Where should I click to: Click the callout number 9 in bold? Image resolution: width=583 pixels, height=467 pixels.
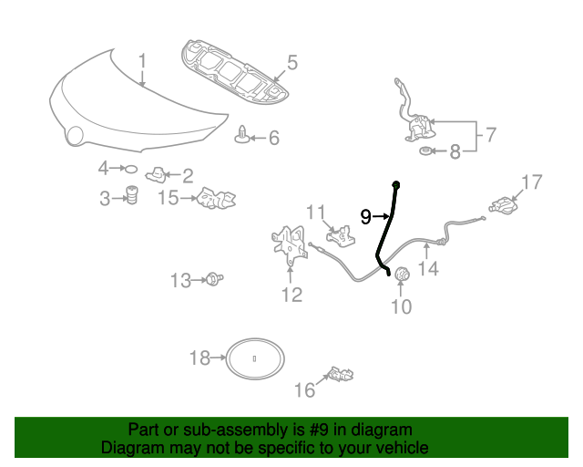click(x=366, y=217)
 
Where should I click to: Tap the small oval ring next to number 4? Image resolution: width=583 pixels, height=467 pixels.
click(x=129, y=169)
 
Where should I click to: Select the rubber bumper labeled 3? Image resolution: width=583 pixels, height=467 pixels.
click(x=131, y=195)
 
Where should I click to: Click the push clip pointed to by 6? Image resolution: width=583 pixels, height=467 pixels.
click(x=242, y=135)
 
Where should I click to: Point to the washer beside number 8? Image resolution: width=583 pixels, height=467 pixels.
click(x=425, y=151)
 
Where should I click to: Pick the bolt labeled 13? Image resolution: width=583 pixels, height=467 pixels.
click(x=215, y=278)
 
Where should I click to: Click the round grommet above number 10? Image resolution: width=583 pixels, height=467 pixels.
click(x=401, y=275)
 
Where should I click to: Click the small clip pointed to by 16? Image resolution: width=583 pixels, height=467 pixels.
click(x=341, y=374)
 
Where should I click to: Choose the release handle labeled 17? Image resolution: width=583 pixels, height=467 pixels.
click(x=504, y=205)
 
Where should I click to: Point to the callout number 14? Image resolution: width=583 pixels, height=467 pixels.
click(x=428, y=268)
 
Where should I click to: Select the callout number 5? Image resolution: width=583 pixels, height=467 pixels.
click(x=292, y=62)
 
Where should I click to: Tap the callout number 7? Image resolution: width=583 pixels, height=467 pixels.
click(x=491, y=134)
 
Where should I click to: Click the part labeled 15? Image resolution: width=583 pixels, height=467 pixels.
click(x=216, y=199)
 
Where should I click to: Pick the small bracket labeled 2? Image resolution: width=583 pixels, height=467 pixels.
click(x=156, y=175)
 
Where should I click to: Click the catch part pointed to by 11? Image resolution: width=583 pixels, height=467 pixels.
click(x=341, y=235)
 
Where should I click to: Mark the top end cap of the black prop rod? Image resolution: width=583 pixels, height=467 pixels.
click(x=396, y=184)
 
